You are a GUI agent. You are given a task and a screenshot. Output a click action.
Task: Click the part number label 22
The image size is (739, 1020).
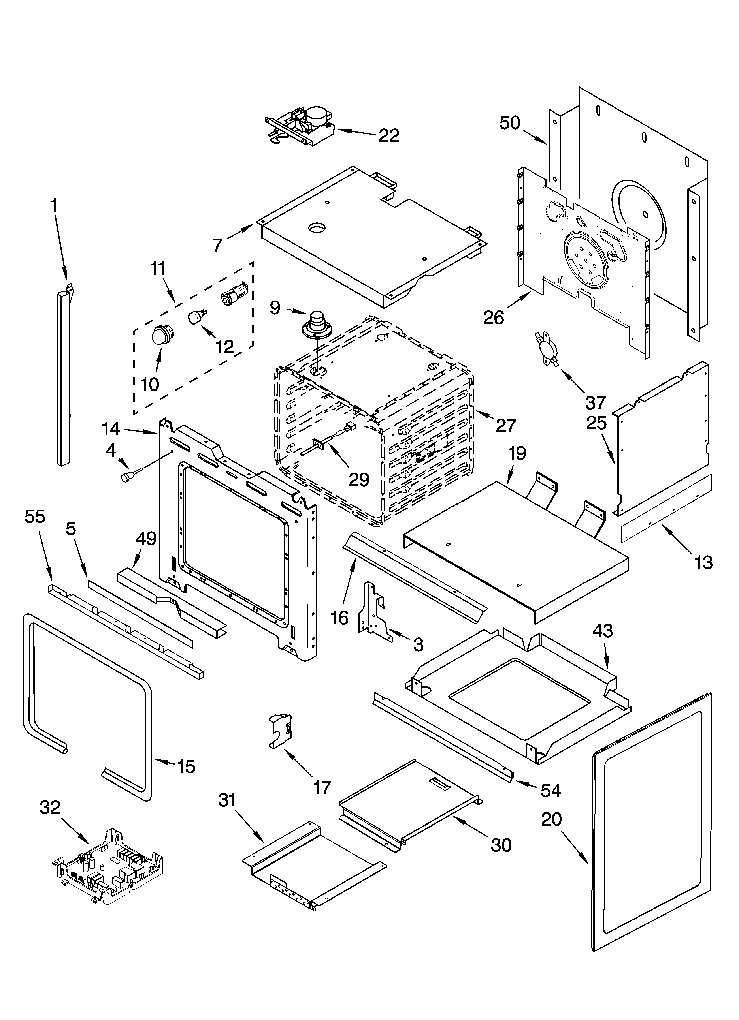(388, 135)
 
